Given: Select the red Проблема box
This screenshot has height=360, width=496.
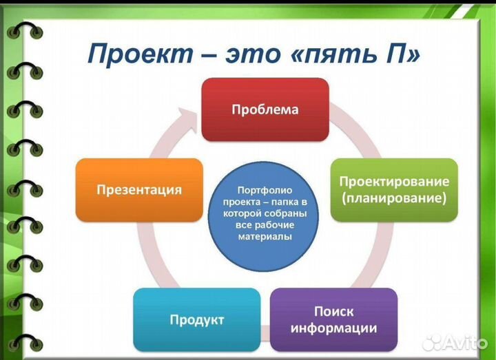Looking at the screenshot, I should coord(265,109).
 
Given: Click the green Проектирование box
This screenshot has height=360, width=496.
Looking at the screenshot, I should coord(394,190).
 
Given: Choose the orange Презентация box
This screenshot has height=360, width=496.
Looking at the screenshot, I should coord(139,190).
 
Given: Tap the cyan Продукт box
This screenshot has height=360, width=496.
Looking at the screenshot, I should coord(197,319).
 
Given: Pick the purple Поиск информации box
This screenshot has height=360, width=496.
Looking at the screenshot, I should coord(333,319).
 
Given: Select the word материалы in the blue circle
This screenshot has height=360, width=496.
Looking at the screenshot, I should coord(264,237).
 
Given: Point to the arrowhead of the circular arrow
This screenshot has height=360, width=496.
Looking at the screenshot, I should coord(192,112).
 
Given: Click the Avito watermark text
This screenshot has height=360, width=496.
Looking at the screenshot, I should coord(468,342).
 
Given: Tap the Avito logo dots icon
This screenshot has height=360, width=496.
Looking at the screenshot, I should coord(435,341).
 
